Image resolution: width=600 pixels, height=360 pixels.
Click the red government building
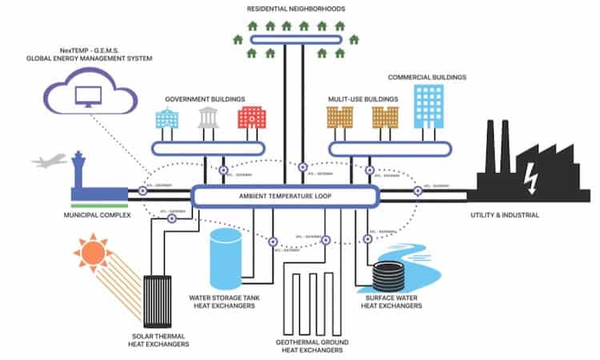[x=249, y=119]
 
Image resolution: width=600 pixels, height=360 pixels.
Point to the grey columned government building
[x=209, y=119]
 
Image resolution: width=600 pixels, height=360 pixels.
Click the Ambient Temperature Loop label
[x=284, y=195]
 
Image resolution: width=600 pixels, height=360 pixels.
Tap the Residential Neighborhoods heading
[x=297, y=8]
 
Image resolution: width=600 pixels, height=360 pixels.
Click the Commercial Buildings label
[x=427, y=78]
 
